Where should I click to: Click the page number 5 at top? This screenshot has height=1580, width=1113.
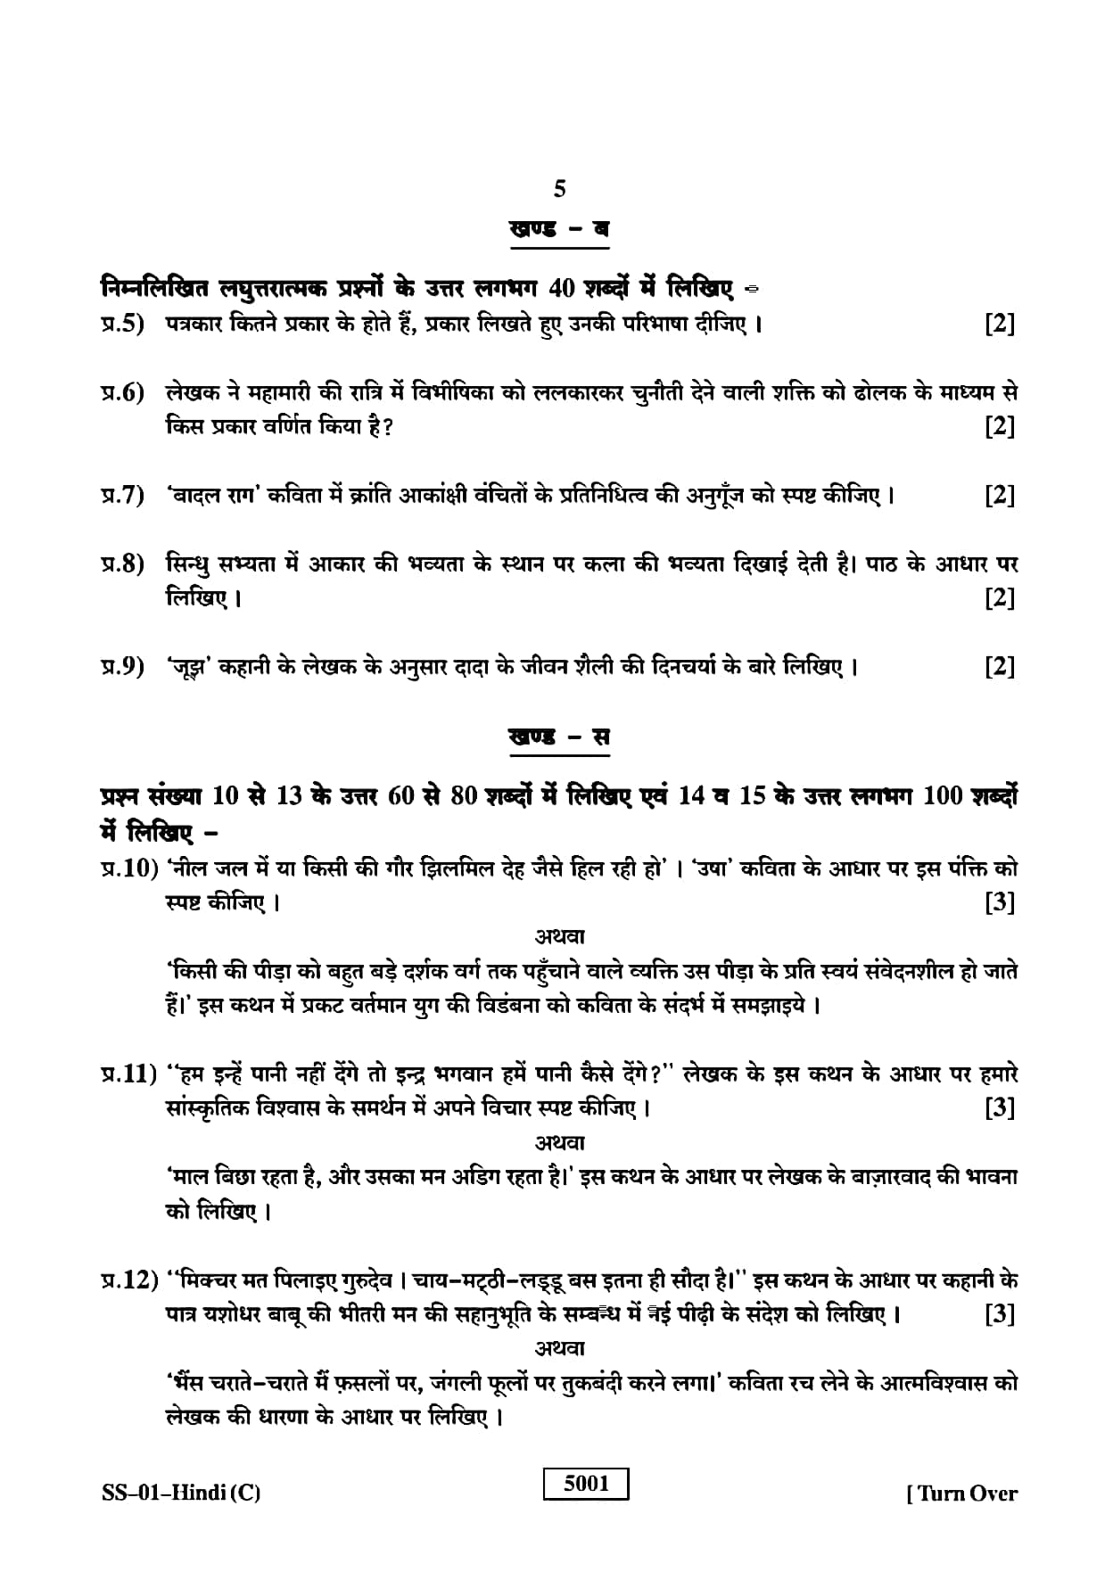[559, 189]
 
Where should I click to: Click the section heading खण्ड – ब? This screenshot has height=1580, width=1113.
[559, 228]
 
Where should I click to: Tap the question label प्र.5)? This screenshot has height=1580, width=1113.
[122, 323]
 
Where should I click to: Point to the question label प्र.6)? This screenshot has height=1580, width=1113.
[122, 392]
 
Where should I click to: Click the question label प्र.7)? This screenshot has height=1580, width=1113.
[122, 495]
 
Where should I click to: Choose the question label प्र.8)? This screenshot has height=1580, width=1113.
[122, 564]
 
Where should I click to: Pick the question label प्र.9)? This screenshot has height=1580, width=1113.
[122, 666]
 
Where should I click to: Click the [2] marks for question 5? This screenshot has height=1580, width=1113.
[1000, 324]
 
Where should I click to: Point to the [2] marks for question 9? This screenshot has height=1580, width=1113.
[1000, 667]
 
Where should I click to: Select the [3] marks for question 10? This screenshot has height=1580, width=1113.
[1000, 902]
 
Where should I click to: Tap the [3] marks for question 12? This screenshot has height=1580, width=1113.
[1000, 1314]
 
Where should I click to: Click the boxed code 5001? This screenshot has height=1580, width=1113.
[586, 1483]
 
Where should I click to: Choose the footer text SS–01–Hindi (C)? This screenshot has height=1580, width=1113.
[180, 1493]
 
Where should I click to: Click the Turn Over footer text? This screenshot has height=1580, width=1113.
[962, 1493]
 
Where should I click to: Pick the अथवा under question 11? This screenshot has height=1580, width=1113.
[559, 1142]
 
